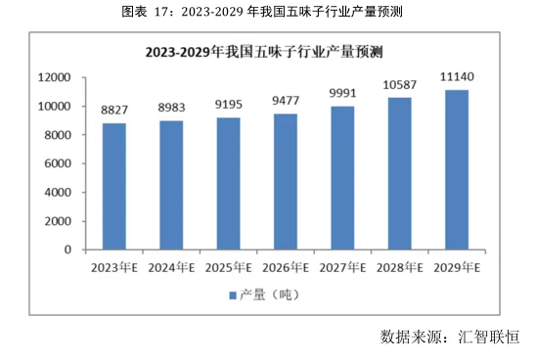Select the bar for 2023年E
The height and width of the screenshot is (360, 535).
pyautogui.click(x=113, y=186)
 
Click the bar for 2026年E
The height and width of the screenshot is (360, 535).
pyautogui.click(x=285, y=181)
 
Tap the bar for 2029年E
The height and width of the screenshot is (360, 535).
pyautogui.click(x=456, y=169)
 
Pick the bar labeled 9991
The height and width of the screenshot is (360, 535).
pyautogui.click(x=342, y=177)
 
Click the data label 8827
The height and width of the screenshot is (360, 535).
pyautogui.click(x=113, y=112)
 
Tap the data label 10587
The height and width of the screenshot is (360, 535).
pyautogui.click(x=399, y=85)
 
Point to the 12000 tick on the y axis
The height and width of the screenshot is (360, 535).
pyautogui.click(x=56, y=77)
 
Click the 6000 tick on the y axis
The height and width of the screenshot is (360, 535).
pyautogui.click(x=60, y=163)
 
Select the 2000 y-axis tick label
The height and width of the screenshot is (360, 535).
pyautogui.click(x=60, y=221)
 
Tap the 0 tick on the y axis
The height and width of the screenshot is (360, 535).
pyautogui.click(x=69, y=249)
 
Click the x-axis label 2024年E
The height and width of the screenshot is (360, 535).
pyautogui.click(x=170, y=266)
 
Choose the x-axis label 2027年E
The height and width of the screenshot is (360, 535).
pyautogui.click(x=342, y=266)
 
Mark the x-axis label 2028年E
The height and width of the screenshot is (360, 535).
pyautogui.click(x=399, y=266)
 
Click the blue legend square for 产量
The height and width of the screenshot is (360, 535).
pyautogui.click(x=233, y=294)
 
